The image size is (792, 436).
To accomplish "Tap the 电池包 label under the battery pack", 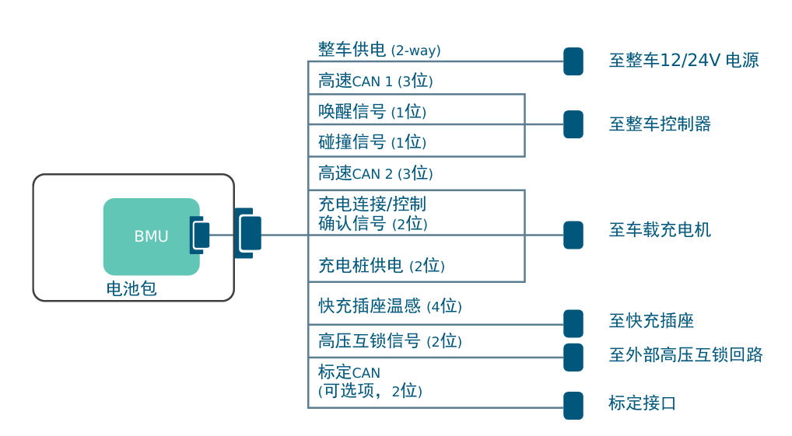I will pyautogui.click(x=131, y=289).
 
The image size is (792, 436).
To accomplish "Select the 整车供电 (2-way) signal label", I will pyautogui.click(x=379, y=51).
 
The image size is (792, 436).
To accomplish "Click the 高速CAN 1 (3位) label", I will pyautogui.click(x=375, y=81).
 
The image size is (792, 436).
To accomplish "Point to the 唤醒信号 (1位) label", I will pyautogui.click(x=372, y=112).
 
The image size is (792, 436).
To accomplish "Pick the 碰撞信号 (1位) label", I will pyautogui.click(x=372, y=142).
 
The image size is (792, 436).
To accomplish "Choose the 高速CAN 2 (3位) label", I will pyautogui.click(x=375, y=173).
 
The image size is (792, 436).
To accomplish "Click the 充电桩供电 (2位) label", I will pyautogui.click(x=381, y=266).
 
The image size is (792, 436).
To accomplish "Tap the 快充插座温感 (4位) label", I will pyautogui.click(x=390, y=306).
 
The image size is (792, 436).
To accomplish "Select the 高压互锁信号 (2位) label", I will pyautogui.click(x=390, y=341).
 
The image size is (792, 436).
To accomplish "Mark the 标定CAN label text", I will pyautogui.click(x=349, y=372).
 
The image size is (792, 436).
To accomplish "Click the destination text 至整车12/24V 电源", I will pyautogui.click(x=683, y=61).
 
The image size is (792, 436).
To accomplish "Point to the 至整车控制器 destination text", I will pyautogui.click(x=659, y=124).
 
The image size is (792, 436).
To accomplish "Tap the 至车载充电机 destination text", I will pyautogui.click(x=659, y=230).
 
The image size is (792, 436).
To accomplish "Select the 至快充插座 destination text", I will pyautogui.click(x=650, y=321).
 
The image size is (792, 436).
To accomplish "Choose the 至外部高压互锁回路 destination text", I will pyautogui.click(x=685, y=356).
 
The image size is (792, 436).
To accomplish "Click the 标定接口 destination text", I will pyautogui.click(x=642, y=403).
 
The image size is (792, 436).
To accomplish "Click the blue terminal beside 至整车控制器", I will pyautogui.click(x=573, y=124).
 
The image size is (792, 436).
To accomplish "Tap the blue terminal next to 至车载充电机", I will pyautogui.click(x=573, y=235).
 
